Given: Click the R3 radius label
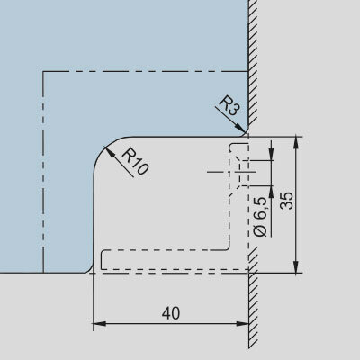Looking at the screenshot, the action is pos(230,106).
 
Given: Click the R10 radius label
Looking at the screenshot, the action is pos(135,161).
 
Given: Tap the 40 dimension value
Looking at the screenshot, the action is pos(171,313).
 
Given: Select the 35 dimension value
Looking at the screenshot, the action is pos(286,201).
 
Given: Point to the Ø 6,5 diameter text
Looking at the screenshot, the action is pos(260,217).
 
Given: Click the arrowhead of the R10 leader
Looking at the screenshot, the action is pos(109,152).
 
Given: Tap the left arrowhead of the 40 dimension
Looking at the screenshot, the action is pos(99,324).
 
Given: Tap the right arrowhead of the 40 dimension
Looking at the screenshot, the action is pos(242,324).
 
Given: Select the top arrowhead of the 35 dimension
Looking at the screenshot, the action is pos(296,143).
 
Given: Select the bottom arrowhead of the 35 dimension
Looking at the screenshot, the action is pos(296,266).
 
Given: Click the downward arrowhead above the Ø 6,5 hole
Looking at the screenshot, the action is pos(272,155).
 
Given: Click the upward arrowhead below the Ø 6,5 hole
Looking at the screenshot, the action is pos(272,192).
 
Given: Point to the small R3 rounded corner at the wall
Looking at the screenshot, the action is pos(246,134).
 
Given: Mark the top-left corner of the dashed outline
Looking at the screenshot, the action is pos(43,72).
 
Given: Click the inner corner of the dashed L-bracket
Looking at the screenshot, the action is pos(229,249).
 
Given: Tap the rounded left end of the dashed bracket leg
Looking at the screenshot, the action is pos(102,259).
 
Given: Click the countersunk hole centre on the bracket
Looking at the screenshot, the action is pos(240,172).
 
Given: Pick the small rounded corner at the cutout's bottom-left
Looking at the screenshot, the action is pos(90,269).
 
